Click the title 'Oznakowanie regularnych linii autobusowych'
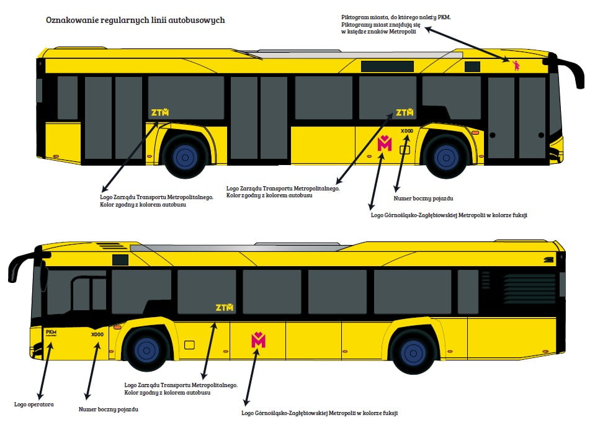135,20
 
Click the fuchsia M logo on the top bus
385,143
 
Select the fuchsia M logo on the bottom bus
258,339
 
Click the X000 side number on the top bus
406,131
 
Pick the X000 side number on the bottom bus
97,334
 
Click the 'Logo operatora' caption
34,404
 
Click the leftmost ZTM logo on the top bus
160,112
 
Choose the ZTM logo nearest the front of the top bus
405,112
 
